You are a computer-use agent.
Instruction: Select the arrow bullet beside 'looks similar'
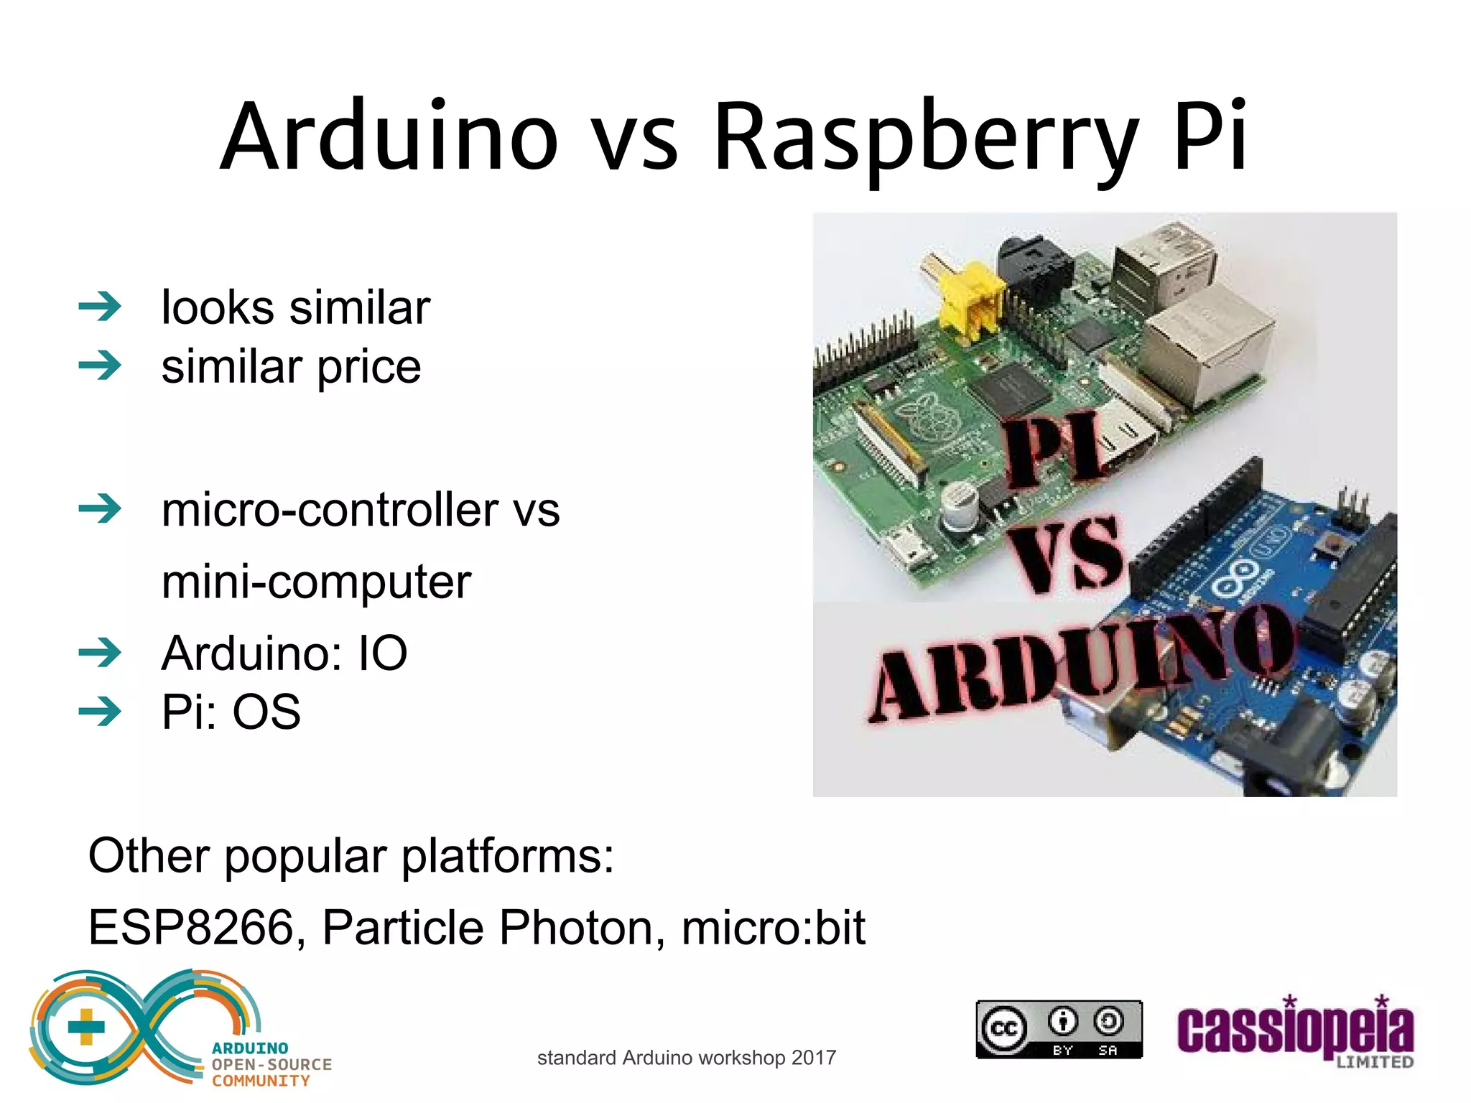point(100,307)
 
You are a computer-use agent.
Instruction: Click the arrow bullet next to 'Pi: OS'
point(100,712)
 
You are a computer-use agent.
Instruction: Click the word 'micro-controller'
point(330,510)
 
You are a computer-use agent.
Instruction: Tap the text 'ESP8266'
point(191,927)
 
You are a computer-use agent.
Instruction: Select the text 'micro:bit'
point(773,927)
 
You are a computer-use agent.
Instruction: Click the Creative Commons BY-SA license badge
point(1059,1029)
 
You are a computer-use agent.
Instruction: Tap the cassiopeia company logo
point(1295,1032)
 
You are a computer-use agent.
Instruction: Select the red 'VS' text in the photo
point(1067,553)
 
